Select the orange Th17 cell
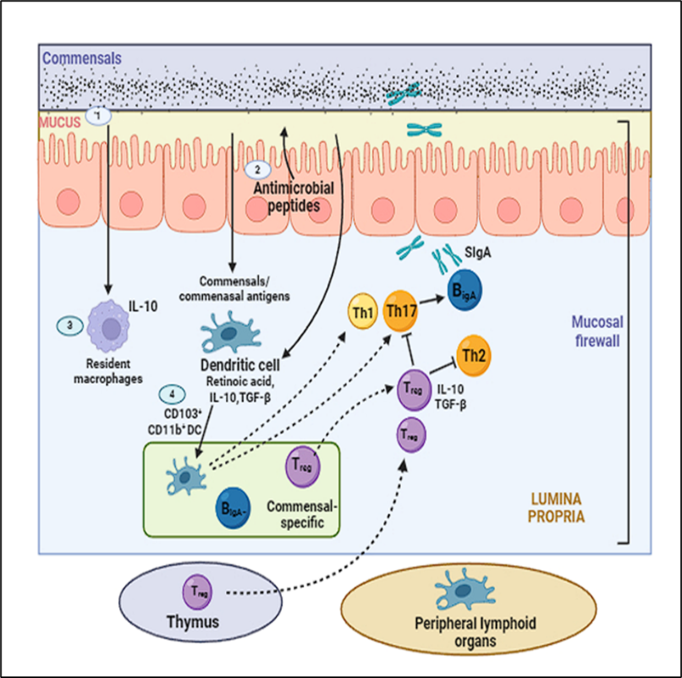[401, 310]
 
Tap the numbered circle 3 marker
[71, 325]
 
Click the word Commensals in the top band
[75, 58]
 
